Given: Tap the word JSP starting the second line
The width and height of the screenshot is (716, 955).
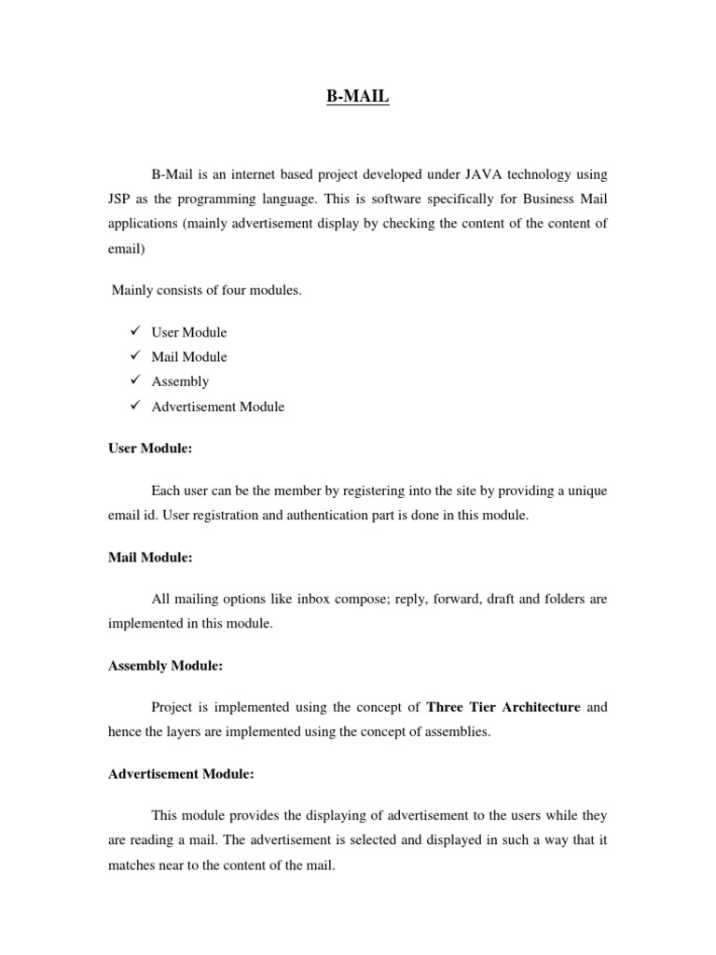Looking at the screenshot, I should coord(121,199).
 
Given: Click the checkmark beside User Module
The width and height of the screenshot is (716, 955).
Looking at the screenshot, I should coord(135,331).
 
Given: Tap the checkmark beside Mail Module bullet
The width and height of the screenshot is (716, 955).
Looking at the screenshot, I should coord(135,355).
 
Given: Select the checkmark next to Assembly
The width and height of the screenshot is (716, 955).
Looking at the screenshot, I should coord(135,381).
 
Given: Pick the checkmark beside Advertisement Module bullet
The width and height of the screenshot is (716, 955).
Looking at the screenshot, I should coord(135,406).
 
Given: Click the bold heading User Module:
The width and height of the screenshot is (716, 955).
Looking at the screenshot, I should coord(150,449).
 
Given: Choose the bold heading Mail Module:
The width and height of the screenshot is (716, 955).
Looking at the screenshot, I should coord(150,557).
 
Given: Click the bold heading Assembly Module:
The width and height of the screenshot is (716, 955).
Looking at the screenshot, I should coord(165,665).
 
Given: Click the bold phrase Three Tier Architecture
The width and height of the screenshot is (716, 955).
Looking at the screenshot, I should coord(503,707).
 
